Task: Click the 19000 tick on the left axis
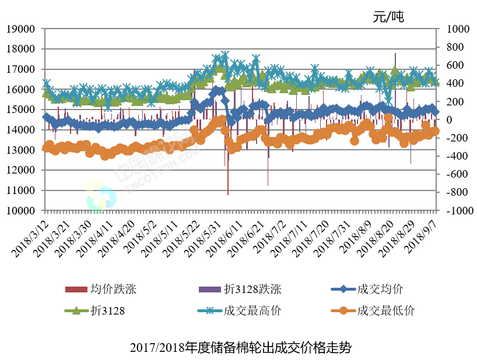(20, 29)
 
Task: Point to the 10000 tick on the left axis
(20, 210)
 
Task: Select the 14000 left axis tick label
(20, 130)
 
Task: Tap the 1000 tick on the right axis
(457, 29)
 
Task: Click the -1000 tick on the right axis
(457, 211)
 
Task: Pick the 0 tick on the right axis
(448, 120)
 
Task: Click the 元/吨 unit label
(389, 16)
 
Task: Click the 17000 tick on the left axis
(20, 69)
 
